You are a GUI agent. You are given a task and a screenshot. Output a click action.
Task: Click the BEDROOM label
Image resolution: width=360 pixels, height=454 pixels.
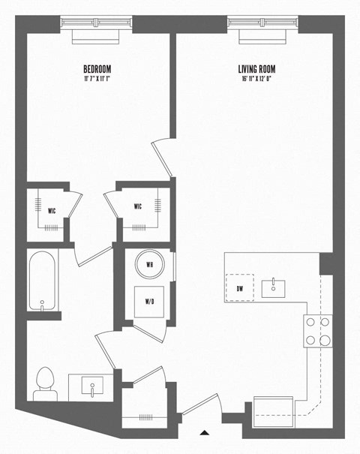[x=97, y=68]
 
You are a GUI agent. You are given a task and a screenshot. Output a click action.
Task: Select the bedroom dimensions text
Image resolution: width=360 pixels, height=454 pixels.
[x=97, y=77]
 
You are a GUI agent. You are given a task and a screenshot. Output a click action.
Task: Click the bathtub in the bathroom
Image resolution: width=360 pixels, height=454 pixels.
[x=42, y=281]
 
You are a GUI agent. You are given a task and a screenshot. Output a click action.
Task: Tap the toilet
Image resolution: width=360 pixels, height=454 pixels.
[x=45, y=383]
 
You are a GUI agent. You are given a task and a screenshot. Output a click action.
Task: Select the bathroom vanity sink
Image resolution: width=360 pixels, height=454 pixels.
[x=91, y=387]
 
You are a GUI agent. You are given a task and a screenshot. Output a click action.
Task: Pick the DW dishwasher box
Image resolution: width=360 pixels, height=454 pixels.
[x=239, y=287]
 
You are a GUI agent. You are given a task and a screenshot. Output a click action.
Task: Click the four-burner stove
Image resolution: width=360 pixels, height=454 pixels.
[x=317, y=330]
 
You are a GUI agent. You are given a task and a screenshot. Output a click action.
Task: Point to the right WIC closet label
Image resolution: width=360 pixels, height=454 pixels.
[x=138, y=206]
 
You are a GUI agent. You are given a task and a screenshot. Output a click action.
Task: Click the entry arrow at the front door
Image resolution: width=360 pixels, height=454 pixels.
[x=204, y=433]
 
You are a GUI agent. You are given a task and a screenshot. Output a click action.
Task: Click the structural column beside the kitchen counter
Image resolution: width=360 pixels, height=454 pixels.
[x=326, y=263]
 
